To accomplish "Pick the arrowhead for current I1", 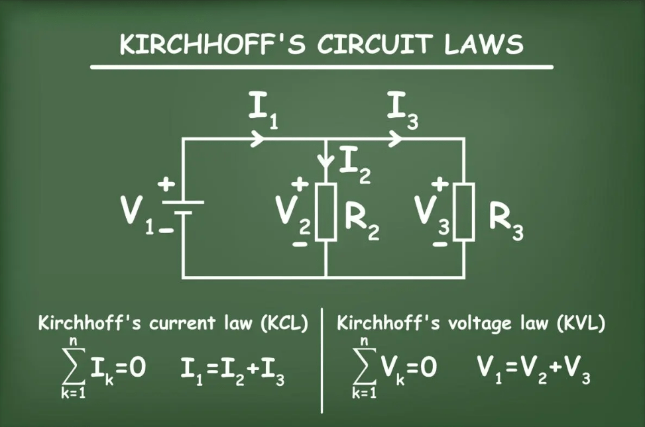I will point(259,139).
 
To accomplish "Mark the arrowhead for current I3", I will point(396,139).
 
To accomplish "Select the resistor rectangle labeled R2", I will point(326,212).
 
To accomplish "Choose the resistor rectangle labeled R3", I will point(464,212).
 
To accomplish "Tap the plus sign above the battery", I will point(162,183).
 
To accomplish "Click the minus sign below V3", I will point(438,243).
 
